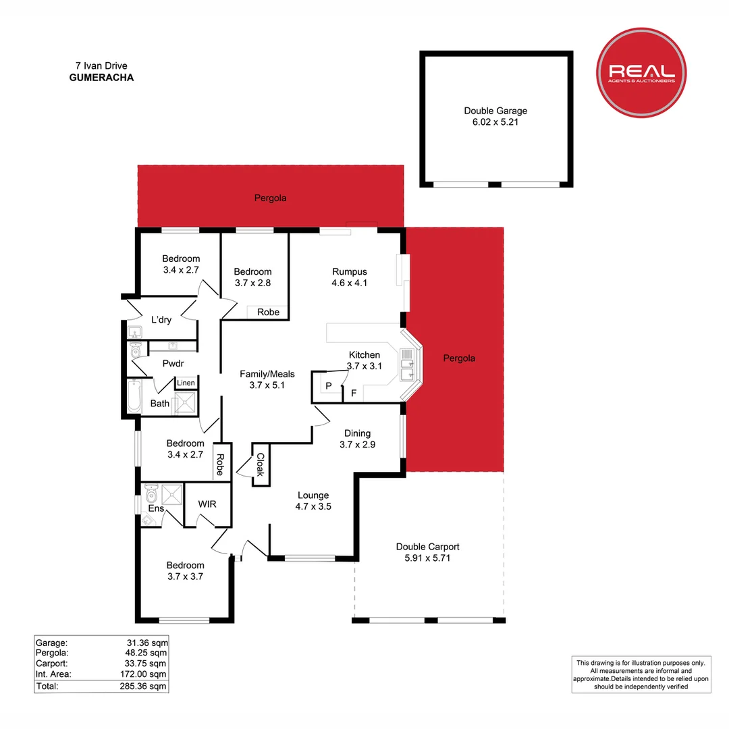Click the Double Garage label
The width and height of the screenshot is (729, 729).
(x=495, y=111)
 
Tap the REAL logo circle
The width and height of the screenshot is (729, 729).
(x=641, y=72)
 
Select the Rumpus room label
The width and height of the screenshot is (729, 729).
(x=350, y=271)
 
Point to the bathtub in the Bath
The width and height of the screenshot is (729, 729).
(x=134, y=396)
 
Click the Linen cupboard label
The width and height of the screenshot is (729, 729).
(x=186, y=383)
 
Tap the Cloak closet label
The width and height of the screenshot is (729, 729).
(x=261, y=464)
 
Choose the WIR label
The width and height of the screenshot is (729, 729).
(x=207, y=504)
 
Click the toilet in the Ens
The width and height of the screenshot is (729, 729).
(x=152, y=492)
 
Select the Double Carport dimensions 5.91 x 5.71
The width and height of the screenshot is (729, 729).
(x=427, y=558)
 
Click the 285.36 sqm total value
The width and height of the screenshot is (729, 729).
(x=142, y=686)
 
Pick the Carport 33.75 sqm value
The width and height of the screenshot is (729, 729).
(x=145, y=664)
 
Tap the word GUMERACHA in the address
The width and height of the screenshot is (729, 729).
(x=101, y=78)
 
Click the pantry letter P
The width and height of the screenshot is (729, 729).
(x=329, y=386)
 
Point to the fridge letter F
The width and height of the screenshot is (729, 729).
(x=354, y=394)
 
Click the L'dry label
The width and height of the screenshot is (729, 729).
(x=161, y=320)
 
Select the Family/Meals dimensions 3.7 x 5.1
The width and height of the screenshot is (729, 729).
(x=267, y=385)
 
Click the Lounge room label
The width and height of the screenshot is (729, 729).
(x=313, y=495)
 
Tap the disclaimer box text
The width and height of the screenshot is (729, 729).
(x=641, y=674)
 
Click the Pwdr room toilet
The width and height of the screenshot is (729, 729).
(x=135, y=350)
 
